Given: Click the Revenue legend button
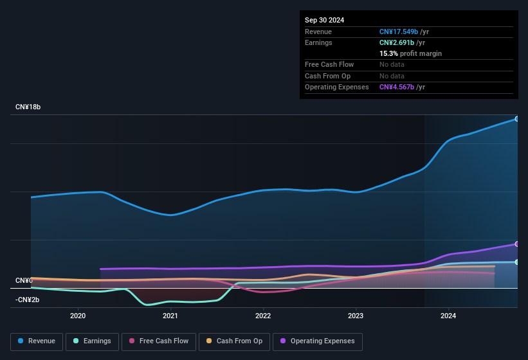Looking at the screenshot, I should [37, 341].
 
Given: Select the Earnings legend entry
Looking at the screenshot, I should [92, 341].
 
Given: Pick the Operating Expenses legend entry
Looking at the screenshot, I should [317, 341].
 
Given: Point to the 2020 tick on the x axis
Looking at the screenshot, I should [78, 316].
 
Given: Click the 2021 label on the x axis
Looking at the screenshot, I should [170, 316].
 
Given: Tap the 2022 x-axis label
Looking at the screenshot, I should [263, 316].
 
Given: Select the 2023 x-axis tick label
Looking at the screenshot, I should [356, 316].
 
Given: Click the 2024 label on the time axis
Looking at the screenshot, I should [448, 316].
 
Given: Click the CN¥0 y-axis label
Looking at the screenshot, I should [24, 281].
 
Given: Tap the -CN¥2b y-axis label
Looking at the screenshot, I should [28, 300].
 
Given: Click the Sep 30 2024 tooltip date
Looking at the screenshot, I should [324, 20].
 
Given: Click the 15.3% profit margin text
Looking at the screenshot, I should [410, 53].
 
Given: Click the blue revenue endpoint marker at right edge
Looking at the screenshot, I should [516, 119].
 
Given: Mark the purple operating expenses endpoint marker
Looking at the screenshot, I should [516, 244].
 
